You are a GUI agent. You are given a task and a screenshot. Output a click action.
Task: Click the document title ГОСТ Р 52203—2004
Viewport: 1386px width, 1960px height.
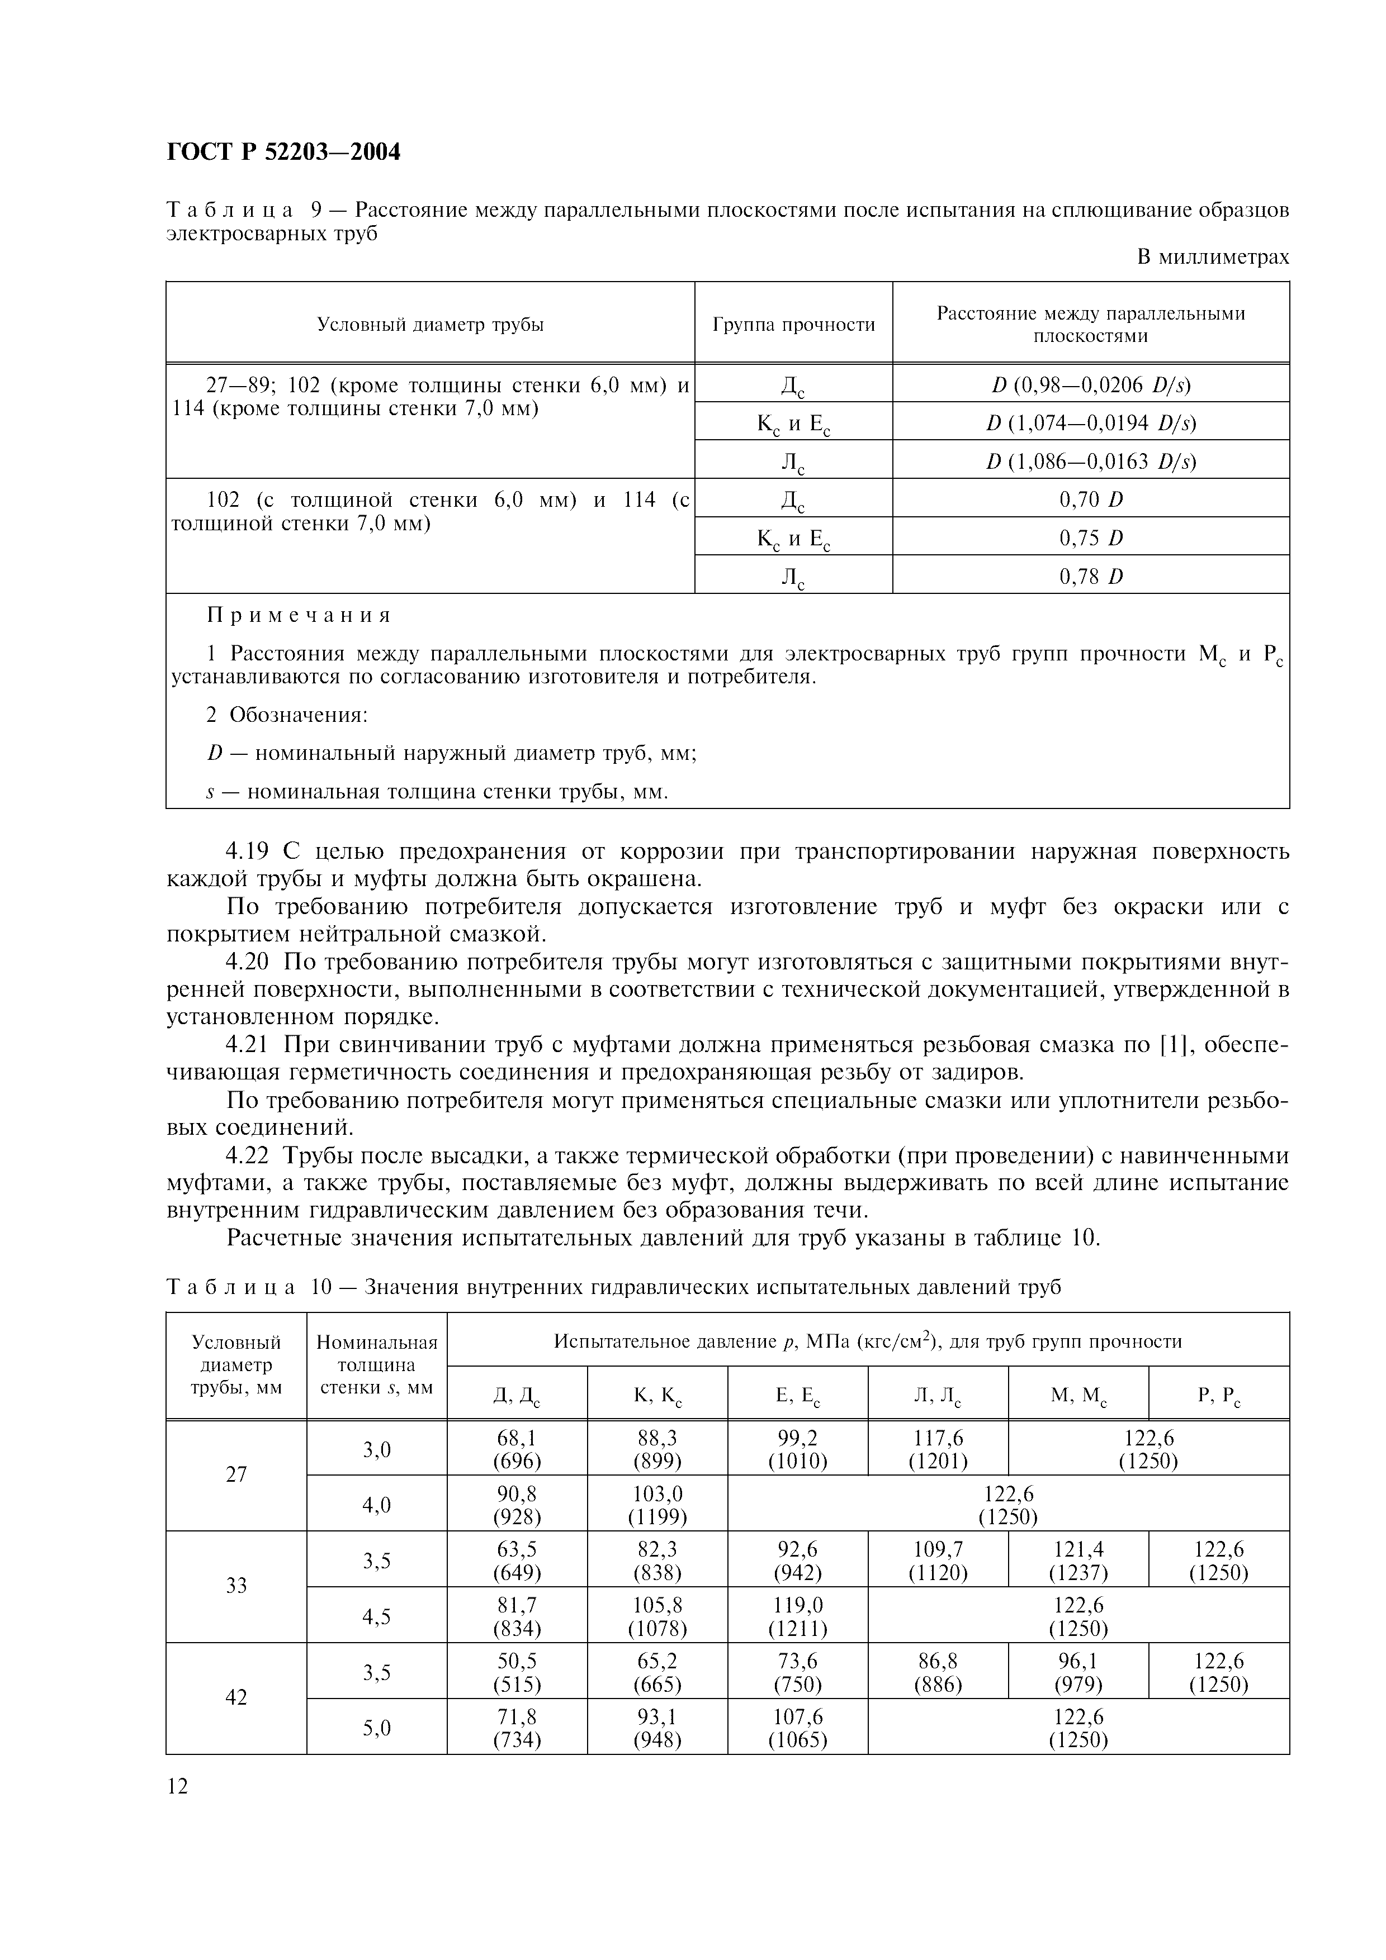(283, 152)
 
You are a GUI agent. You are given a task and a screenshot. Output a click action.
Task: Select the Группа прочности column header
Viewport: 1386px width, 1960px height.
(793, 325)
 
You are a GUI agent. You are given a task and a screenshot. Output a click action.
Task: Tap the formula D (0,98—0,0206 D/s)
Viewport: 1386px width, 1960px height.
(1091, 384)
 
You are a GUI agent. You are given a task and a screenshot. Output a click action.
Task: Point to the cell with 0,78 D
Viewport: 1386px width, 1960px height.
(1091, 576)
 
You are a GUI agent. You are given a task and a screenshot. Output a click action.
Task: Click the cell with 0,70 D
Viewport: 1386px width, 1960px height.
(1091, 498)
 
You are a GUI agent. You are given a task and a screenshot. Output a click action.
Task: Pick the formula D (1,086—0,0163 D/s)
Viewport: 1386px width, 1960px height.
(1091, 461)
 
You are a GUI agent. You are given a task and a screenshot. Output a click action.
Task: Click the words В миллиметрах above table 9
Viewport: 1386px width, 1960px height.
(1213, 257)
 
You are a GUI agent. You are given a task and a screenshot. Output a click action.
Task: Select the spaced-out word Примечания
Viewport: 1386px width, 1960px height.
(299, 616)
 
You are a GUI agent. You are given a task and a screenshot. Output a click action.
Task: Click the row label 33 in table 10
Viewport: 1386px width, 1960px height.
(236, 1585)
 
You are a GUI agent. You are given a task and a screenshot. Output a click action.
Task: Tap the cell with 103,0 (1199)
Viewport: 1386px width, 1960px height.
(657, 1505)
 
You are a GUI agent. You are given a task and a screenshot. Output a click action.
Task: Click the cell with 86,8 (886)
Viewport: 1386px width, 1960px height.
(938, 1672)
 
